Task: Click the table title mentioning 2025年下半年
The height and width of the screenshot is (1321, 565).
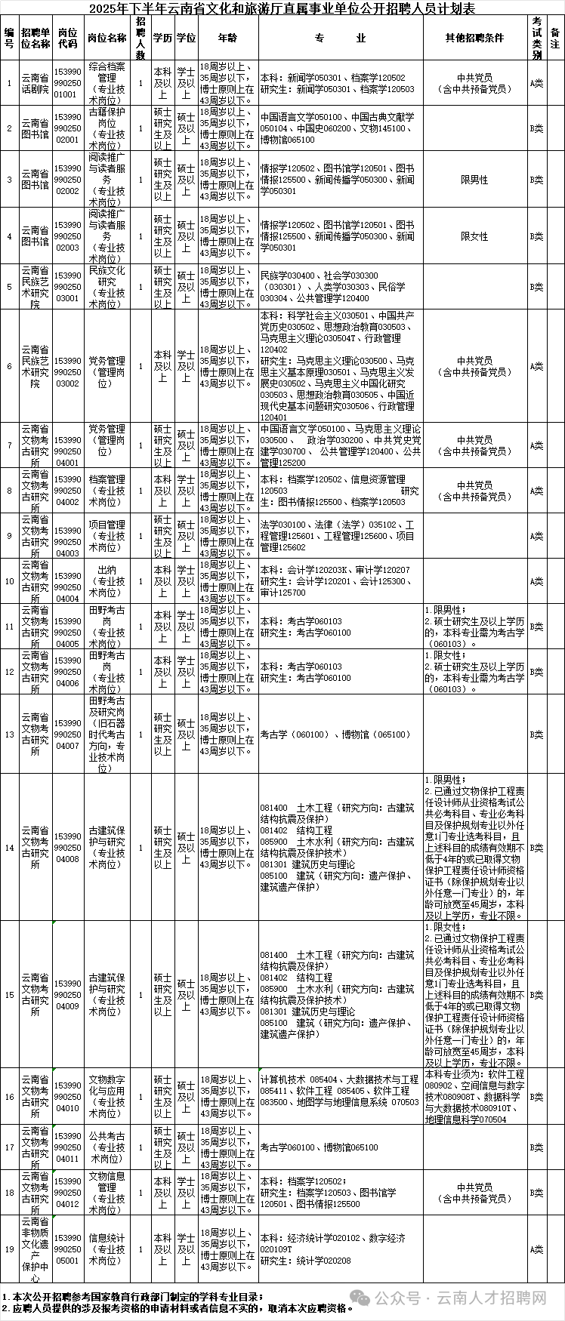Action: tap(282, 9)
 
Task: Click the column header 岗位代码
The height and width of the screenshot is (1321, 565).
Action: tap(68, 38)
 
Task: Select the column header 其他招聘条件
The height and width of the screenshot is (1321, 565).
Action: tap(474, 38)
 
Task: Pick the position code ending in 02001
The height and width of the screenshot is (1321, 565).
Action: tap(68, 128)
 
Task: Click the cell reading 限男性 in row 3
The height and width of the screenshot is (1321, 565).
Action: tap(474, 180)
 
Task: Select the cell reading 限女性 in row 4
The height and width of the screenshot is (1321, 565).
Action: tap(474, 236)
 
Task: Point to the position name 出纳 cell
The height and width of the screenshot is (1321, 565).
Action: tap(107, 581)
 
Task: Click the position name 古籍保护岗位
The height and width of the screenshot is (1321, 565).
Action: tap(107, 128)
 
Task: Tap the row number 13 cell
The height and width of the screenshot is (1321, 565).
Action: tap(9, 734)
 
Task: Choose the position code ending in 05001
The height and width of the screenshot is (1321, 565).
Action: tap(68, 1249)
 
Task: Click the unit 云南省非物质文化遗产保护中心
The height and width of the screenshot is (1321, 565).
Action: tap(35, 1249)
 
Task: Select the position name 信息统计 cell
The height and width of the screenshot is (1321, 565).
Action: tap(107, 1249)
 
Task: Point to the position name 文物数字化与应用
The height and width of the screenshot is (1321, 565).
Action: tap(107, 1096)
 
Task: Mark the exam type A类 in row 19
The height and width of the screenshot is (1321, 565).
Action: tap(536, 1249)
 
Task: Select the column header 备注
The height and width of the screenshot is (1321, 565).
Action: tap(555, 38)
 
